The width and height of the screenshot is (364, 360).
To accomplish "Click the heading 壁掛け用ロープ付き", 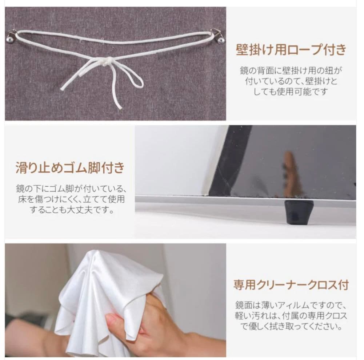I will click(x=291, y=50).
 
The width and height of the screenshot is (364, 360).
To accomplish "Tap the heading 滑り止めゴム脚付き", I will click(x=70, y=168).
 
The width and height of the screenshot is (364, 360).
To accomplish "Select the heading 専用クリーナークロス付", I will click(x=291, y=284).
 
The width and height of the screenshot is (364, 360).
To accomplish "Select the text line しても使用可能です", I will click(x=291, y=91).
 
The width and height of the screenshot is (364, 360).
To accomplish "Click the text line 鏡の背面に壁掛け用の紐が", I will click(x=291, y=69).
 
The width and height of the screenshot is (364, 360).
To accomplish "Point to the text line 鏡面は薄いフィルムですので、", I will click(x=291, y=304).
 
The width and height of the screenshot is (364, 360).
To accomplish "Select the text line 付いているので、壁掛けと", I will click(x=291, y=80).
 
